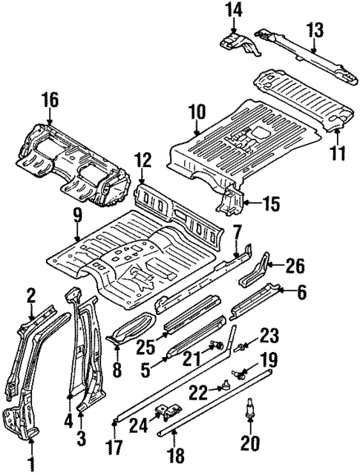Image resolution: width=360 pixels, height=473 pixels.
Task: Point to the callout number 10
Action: point(196,113)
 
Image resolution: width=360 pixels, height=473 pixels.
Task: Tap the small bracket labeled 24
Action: point(170,409)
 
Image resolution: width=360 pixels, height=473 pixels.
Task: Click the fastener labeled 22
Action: point(223,386)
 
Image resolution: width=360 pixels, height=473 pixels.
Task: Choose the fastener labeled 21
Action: point(217,344)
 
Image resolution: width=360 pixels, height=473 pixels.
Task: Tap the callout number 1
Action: point(32,465)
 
